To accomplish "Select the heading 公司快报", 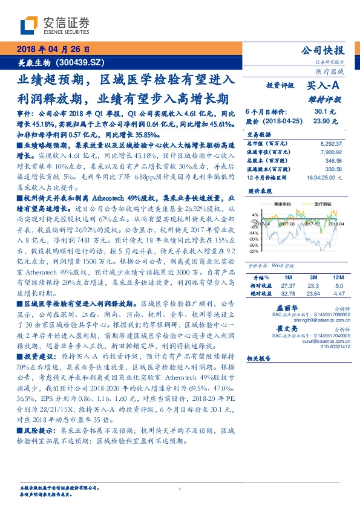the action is pyautogui.click(x=327, y=50).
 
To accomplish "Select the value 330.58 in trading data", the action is pyautogui.click(x=333, y=169).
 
